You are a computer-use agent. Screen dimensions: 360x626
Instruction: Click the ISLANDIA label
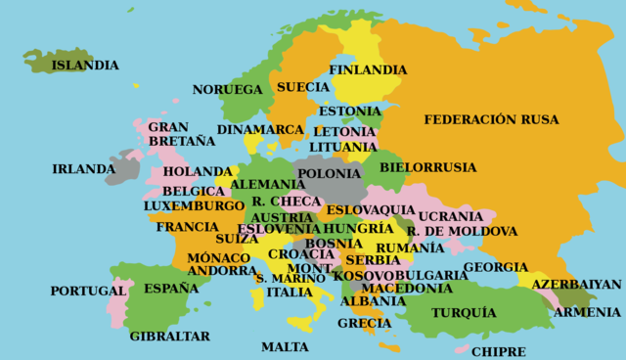click(x=85, y=66)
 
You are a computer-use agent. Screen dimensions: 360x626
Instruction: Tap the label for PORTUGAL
click(x=88, y=291)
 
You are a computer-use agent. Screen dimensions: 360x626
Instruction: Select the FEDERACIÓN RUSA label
click(x=491, y=119)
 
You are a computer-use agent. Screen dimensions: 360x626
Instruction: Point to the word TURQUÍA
click(x=465, y=313)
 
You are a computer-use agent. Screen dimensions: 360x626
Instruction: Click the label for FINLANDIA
click(x=368, y=70)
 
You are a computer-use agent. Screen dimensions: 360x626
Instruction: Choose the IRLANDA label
click(x=83, y=169)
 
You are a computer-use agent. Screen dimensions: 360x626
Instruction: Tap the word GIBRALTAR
click(x=169, y=336)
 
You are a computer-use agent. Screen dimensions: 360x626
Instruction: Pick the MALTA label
click(x=285, y=346)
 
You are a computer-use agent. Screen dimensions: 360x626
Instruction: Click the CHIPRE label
click(x=498, y=351)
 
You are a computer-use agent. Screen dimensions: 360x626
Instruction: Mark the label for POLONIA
click(x=329, y=174)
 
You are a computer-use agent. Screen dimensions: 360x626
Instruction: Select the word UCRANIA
click(x=450, y=216)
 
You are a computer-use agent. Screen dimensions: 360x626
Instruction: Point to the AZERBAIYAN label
click(x=576, y=284)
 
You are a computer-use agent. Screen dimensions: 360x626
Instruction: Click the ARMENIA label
click(x=587, y=312)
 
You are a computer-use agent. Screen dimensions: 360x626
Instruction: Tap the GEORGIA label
click(x=495, y=267)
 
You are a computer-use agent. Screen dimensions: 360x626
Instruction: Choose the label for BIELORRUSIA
click(x=427, y=167)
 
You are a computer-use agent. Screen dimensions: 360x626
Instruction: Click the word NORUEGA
click(x=227, y=90)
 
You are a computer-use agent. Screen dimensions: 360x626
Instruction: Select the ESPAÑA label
click(x=171, y=289)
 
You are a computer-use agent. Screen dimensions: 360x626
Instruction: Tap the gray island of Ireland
click(x=122, y=168)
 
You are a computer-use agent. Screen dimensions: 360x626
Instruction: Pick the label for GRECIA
click(x=364, y=323)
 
